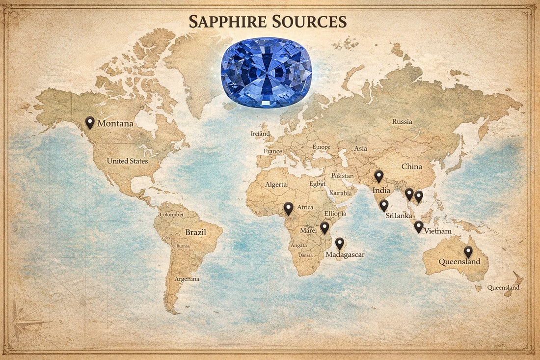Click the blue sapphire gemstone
[x=266, y=73]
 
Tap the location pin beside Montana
[x=90, y=122]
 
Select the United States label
[x=127, y=161]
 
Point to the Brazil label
[x=195, y=232]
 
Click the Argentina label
[x=187, y=279]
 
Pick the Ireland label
[x=260, y=134]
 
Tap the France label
[x=273, y=151]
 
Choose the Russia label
[x=402, y=121]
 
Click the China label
[x=411, y=166]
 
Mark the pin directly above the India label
[x=378, y=176]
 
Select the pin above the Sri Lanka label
[x=384, y=205]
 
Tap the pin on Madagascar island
[x=339, y=243]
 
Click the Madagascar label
[x=345, y=254]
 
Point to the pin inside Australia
[x=468, y=251]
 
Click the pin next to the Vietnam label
[x=418, y=226]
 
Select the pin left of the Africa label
[x=288, y=208]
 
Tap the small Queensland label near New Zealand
[x=503, y=288]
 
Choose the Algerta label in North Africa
[x=276, y=185]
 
